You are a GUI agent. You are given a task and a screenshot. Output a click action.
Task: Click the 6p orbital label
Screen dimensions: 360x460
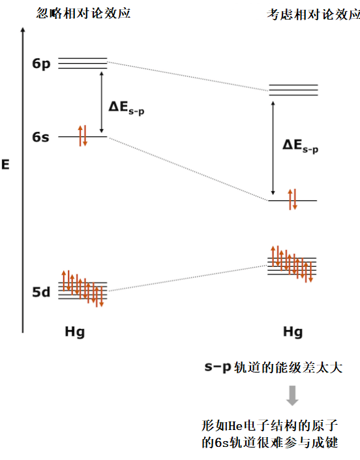[41, 64]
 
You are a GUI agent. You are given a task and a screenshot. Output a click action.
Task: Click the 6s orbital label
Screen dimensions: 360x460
[40, 137]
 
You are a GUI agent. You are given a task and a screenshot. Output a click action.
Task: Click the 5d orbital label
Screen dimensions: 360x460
[41, 292]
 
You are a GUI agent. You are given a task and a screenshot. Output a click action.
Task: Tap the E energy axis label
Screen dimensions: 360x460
[6, 164]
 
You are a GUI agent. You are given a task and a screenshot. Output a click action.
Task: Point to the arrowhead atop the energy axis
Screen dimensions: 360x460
[23, 29]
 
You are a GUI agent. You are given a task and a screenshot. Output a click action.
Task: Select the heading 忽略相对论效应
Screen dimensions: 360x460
[83, 13]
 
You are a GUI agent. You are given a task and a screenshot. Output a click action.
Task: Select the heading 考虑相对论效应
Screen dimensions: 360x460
[314, 14]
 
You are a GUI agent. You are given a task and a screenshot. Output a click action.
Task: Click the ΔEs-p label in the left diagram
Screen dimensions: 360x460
[127, 108]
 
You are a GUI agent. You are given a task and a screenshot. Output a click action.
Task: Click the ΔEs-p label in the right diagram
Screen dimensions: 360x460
[300, 146]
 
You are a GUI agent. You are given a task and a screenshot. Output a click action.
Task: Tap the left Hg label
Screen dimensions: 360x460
[75, 332]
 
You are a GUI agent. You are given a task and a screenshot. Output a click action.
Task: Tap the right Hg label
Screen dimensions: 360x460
[293, 332]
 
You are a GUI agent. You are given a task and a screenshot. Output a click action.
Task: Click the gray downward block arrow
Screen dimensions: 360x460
[292, 395]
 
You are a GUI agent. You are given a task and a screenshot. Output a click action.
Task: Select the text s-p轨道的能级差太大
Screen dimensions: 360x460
[273, 367]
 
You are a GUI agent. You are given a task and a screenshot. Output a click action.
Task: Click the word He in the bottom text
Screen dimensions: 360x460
[235, 425]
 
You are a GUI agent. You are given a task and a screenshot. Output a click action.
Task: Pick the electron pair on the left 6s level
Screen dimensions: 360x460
[83, 136]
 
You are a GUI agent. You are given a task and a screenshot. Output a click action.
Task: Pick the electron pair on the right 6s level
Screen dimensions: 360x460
[293, 200]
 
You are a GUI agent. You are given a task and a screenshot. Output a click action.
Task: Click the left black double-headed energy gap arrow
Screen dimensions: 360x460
[102, 102]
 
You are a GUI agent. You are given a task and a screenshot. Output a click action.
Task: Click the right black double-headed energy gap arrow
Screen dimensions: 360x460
[273, 148]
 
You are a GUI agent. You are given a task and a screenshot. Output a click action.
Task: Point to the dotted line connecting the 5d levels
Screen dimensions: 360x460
[188, 278]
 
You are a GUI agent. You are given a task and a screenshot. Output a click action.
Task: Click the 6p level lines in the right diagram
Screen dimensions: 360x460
[293, 90]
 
